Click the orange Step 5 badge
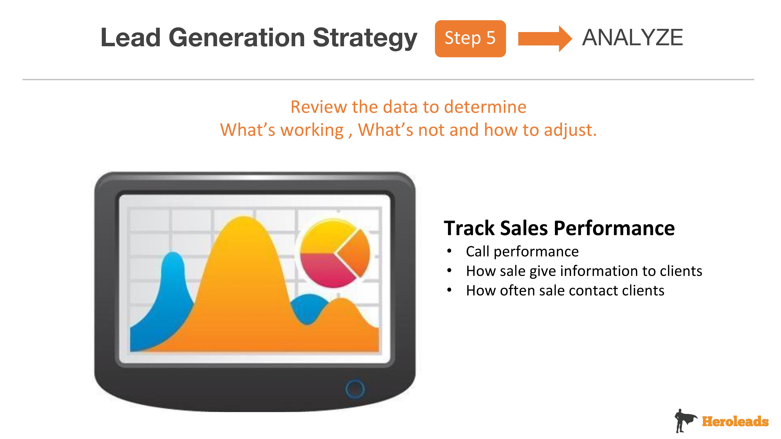(470, 38)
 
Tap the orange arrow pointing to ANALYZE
(545, 38)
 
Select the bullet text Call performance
(522, 251)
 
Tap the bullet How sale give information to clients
(584, 271)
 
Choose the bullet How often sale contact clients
(565, 290)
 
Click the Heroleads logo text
(735, 421)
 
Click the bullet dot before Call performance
(449, 251)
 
